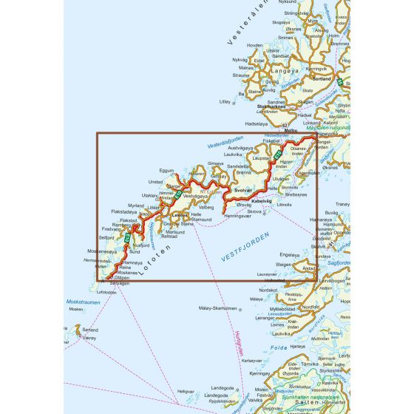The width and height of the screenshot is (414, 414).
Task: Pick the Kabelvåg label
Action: coord(264,200)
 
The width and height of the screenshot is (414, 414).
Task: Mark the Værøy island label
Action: coord(91,337)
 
